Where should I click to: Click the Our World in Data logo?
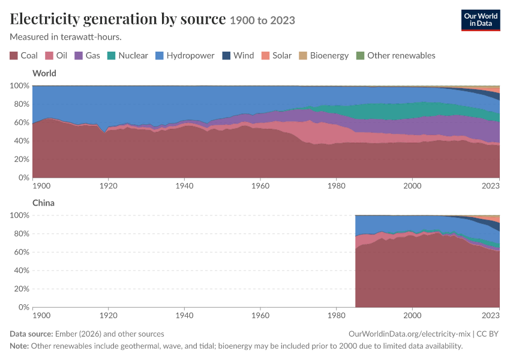[x=481, y=20]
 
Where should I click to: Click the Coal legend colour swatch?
[x=14, y=56]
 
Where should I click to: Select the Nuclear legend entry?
[x=127, y=56]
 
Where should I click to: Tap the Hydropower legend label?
[x=190, y=56]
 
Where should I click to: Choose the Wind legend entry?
[x=238, y=56]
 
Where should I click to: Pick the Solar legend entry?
[x=277, y=56]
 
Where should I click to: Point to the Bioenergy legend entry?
[x=324, y=56]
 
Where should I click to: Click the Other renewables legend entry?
[x=396, y=56]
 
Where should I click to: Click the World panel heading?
[x=44, y=73]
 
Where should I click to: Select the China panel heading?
[x=43, y=203]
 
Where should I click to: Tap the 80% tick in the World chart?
[x=22, y=104]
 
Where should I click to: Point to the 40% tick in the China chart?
[x=22, y=271]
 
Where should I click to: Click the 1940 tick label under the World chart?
[x=184, y=185]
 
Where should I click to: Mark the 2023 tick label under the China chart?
[x=490, y=316]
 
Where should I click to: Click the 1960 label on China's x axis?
[x=260, y=316]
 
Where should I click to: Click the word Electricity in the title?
[x=44, y=19]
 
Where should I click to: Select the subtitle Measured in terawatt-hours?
[x=66, y=37]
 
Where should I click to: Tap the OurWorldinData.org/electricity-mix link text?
[x=409, y=334]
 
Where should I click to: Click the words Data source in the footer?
[x=31, y=334]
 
